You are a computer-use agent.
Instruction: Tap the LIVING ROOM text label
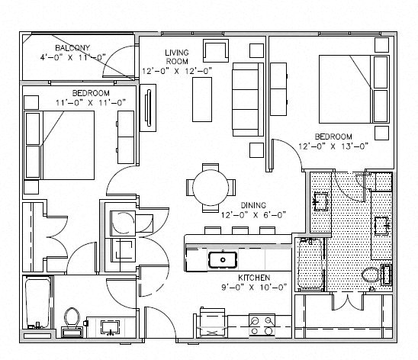tap(176, 57)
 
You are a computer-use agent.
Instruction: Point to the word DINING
tap(254, 205)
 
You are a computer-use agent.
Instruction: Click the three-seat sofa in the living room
tap(246, 99)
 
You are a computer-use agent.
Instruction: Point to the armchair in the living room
tap(215, 50)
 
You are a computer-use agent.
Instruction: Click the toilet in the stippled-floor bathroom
tap(371, 277)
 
